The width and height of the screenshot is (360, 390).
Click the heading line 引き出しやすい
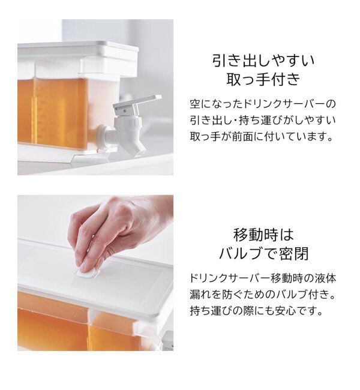coord(264,61)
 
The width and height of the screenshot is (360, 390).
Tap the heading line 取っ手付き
coord(264,80)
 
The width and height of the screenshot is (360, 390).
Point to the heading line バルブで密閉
coord(264,253)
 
